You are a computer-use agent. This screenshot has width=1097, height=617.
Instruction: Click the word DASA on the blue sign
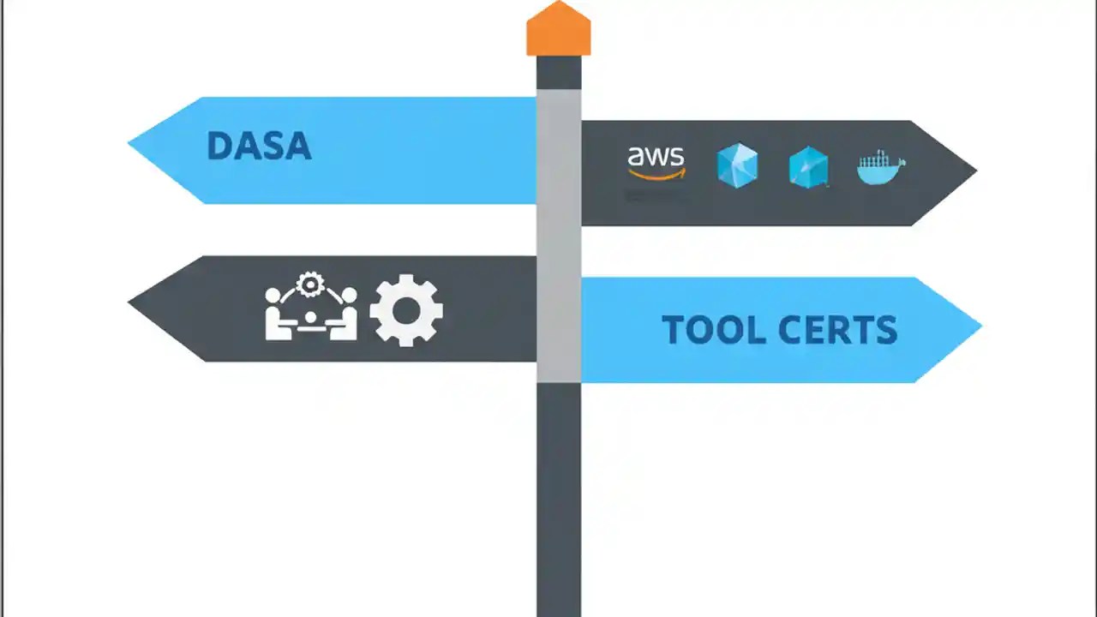259,147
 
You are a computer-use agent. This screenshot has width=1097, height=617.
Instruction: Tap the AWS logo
656,163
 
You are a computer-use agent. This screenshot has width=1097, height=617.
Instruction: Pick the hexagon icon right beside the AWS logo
737,165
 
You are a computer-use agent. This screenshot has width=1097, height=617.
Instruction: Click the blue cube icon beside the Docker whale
808,167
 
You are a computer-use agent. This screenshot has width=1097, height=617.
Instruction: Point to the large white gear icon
406,310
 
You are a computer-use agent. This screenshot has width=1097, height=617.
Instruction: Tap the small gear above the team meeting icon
309,284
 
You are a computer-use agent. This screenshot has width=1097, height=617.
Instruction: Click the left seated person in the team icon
276,317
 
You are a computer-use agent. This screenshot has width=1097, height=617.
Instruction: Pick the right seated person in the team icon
345,317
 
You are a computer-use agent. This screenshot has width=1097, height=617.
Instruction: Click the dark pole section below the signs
559,497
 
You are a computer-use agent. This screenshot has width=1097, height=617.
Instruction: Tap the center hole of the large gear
406,311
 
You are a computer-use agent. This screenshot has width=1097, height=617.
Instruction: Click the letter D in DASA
219,147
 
